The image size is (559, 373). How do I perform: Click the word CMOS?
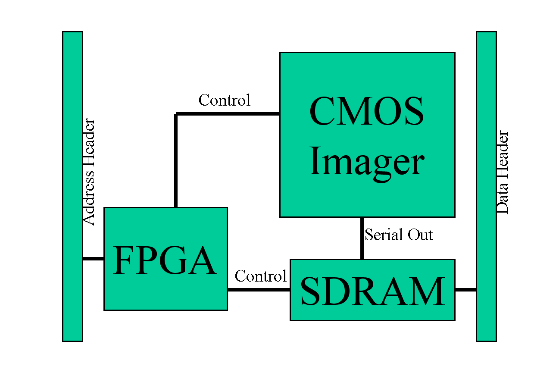(366, 111)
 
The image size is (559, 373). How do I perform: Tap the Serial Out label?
(399, 235)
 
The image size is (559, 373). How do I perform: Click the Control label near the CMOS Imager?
(224, 100)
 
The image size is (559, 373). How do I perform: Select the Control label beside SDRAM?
(260, 276)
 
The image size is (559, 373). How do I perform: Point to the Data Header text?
(503, 172)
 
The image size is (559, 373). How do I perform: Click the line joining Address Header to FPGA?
(93, 259)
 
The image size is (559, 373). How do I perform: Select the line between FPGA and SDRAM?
(259, 290)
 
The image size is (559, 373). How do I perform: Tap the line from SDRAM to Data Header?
(465, 290)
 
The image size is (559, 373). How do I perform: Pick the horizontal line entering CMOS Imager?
(228, 114)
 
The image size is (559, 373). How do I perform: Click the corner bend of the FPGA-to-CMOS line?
(176, 114)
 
